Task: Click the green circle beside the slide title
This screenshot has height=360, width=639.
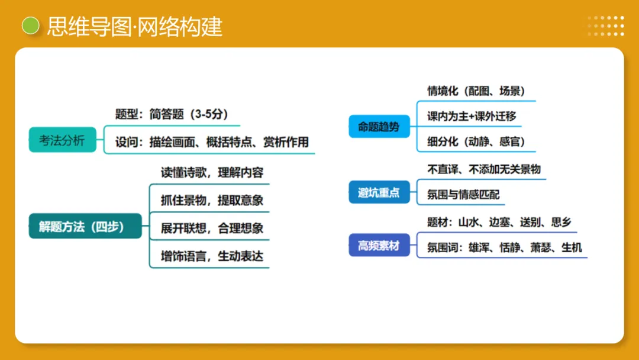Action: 30,26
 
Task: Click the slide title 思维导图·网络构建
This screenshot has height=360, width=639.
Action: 135,27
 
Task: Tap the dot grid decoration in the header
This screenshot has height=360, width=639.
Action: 605,26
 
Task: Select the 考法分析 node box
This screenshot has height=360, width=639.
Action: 62,140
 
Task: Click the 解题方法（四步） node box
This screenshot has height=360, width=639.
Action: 85,226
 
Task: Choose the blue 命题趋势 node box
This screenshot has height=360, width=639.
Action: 379,127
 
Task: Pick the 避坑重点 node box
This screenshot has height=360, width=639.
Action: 379,192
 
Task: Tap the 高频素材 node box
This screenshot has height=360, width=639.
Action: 379,245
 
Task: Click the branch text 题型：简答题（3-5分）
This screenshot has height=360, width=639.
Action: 172,114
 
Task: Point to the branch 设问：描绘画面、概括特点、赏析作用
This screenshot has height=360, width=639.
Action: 212,143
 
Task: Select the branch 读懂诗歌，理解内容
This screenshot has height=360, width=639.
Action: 212,173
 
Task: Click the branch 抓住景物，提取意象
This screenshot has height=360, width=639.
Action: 212,200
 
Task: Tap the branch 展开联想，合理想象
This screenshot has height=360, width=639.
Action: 212,229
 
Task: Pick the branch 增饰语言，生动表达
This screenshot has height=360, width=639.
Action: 212,256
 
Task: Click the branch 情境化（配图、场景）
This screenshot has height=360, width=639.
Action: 476,91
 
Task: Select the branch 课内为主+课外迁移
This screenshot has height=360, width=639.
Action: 472,116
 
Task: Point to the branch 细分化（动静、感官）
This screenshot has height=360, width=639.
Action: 476,142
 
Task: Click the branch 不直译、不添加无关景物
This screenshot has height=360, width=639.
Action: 484,169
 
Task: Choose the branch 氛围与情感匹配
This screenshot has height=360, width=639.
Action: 464,194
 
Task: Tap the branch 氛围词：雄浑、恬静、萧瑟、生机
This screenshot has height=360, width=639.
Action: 505,247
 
